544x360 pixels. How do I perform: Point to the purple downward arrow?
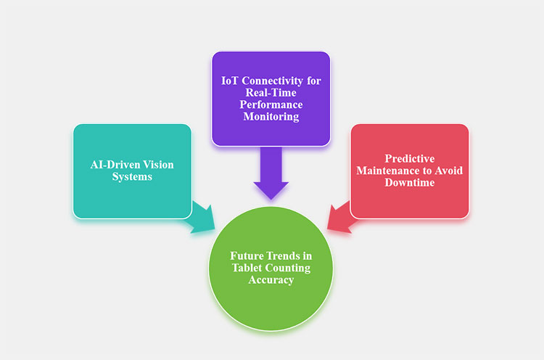click(x=271, y=174)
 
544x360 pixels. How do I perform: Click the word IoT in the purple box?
click(x=230, y=80)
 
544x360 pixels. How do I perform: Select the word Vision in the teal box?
click(x=159, y=165)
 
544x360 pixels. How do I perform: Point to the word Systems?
click(x=132, y=176)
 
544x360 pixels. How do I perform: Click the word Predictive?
click(x=409, y=158)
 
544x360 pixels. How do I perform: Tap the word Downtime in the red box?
click(x=409, y=183)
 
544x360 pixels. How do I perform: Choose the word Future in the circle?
click(x=247, y=255)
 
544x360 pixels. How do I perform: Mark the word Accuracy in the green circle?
click(x=271, y=279)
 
